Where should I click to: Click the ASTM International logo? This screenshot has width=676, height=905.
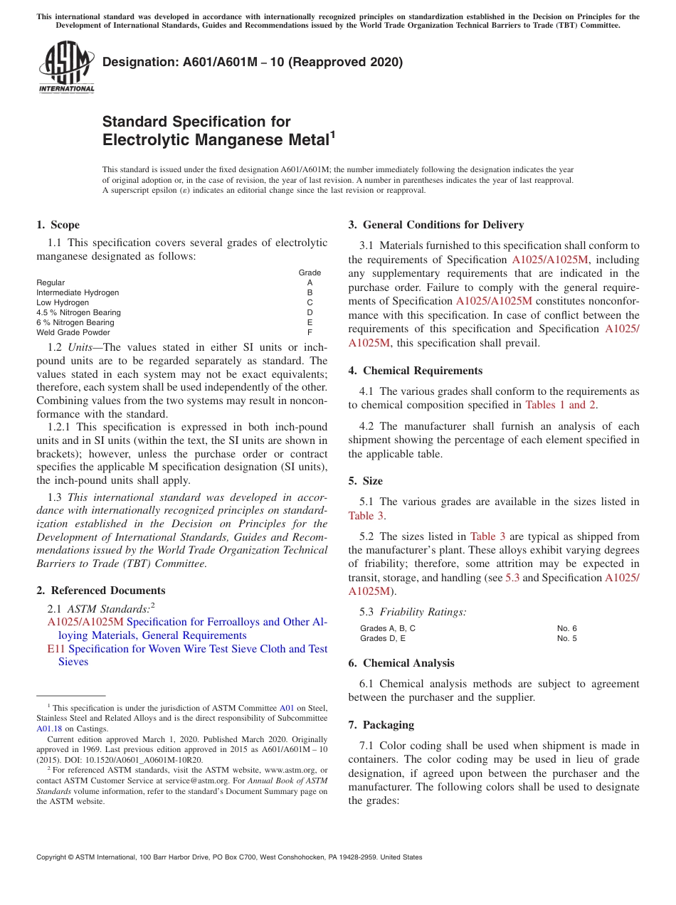point(66,67)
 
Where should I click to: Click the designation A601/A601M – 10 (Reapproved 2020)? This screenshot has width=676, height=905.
point(253,62)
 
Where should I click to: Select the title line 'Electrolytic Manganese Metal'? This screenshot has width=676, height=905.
point(216,139)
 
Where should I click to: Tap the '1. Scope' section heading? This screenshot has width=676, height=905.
point(58,225)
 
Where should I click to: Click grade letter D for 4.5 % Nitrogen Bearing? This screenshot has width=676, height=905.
point(310,312)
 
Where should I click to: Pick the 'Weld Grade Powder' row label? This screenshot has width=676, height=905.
point(73,332)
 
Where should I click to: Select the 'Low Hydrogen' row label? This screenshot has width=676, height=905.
point(63,302)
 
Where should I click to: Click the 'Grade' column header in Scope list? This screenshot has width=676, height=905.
point(310,272)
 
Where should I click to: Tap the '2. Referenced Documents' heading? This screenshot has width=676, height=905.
point(100,591)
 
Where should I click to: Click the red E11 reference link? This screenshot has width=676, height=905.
point(56,649)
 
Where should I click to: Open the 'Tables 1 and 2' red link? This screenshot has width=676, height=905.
point(561,405)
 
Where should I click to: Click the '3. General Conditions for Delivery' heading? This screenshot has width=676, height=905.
point(435,225)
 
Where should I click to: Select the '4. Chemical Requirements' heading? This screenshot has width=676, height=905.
point(415,371)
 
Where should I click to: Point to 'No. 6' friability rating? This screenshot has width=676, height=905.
point(566,628)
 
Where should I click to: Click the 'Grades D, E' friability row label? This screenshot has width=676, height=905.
point(383,638)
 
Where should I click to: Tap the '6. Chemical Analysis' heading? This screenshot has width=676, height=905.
point(401,663)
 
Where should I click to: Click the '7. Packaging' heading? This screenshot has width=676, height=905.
point(381,725)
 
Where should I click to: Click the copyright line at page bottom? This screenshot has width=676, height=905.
point(229,857)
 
